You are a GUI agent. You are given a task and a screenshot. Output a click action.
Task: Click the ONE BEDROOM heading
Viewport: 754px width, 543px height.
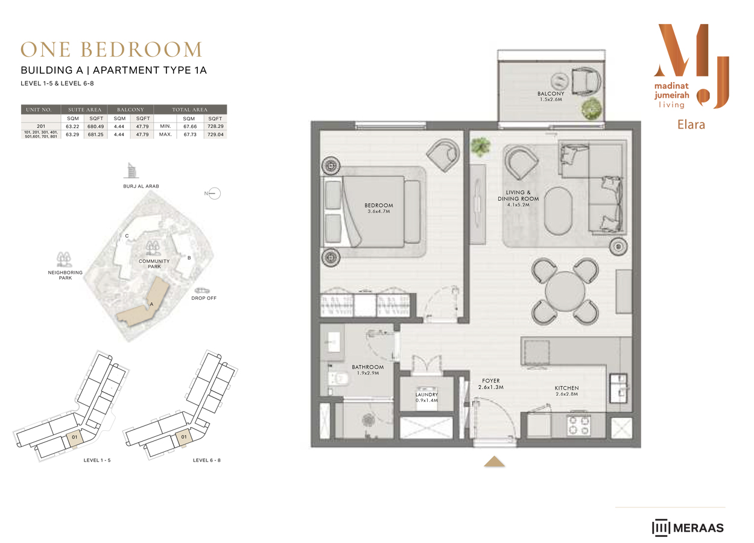point(112,49)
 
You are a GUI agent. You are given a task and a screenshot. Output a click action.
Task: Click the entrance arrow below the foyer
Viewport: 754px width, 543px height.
point(495,462)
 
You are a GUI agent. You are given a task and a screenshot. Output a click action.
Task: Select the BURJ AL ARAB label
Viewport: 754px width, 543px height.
point(141,186)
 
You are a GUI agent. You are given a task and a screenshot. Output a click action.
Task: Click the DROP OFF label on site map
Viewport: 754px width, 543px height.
point(203,298)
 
